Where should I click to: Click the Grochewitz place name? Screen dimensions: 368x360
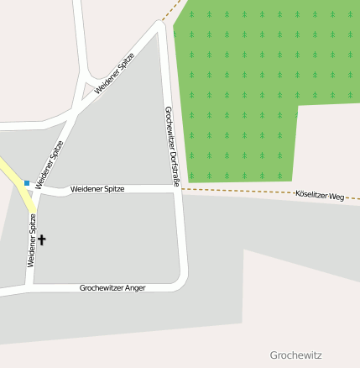coord(295,355)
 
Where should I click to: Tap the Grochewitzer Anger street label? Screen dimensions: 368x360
coord(112,288)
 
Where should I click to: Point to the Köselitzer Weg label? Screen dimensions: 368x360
coord(320,196)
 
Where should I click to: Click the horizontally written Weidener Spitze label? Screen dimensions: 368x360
coord(97,189)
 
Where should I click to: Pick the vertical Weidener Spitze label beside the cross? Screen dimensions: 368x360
coord(32,240)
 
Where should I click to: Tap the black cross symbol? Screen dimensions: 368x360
coord(42,240)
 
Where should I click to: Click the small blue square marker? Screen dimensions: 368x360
coord(27,182)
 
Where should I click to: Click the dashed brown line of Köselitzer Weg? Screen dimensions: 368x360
coord(243,192)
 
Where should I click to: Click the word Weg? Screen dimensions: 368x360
coord(337,197)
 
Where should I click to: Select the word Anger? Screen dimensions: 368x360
coord(133,288)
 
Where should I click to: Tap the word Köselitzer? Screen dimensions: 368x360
coord(311,195)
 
